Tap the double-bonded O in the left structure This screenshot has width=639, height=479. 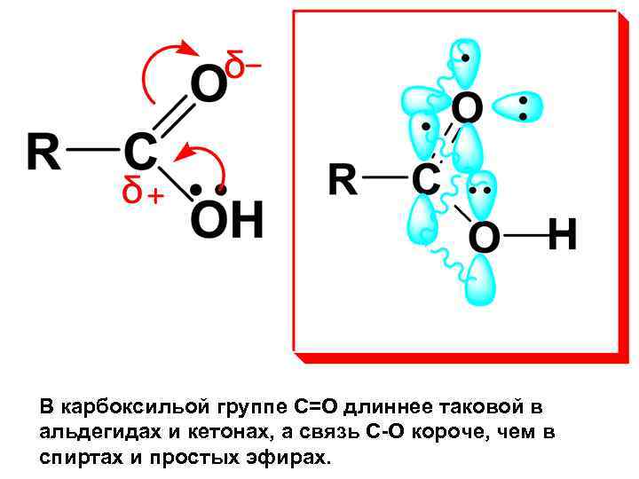click(x=209, y=86)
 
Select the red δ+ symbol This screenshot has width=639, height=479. click(x=142, y=193)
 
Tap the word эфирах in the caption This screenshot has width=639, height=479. click(x=297, y=458)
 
